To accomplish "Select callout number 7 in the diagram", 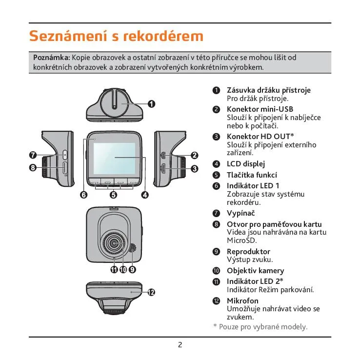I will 33,156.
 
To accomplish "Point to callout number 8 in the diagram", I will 33,168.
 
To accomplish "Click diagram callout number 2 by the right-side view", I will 194,156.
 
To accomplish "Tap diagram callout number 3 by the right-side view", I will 194,169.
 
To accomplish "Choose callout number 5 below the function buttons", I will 114,195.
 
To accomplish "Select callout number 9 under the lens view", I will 132,269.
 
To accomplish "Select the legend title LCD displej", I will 246,164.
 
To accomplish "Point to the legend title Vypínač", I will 240,213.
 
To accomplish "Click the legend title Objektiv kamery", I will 255,271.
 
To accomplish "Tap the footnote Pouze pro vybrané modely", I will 263,326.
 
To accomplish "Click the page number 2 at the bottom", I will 180,345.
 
